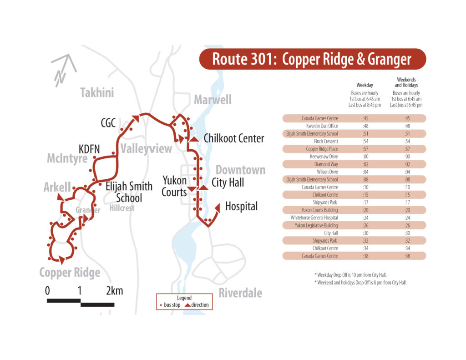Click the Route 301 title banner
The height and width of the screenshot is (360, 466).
click(312, 59)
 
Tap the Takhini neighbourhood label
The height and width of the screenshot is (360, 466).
click(97, 93)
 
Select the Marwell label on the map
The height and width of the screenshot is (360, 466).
click(213, 100)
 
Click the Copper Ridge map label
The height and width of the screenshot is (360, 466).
click(70, 273)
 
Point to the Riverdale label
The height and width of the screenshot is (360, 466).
click(240, 293)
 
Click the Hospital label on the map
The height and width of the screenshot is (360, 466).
click(241, 207)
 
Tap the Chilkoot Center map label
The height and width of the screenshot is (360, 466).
click(234, 138)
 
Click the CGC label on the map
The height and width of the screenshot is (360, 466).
click(108, 123)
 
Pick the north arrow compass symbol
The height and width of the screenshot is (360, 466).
click(63, 70)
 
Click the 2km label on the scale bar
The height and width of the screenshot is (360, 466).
click(114, 291)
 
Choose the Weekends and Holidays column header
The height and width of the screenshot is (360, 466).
click(406, 82)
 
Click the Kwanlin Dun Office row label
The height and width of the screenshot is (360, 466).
click(321, 126)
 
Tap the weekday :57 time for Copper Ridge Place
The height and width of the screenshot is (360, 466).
click(365, 149)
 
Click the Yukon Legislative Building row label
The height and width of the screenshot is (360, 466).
click(316, 225)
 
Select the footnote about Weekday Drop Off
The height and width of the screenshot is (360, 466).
click(353, 274)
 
